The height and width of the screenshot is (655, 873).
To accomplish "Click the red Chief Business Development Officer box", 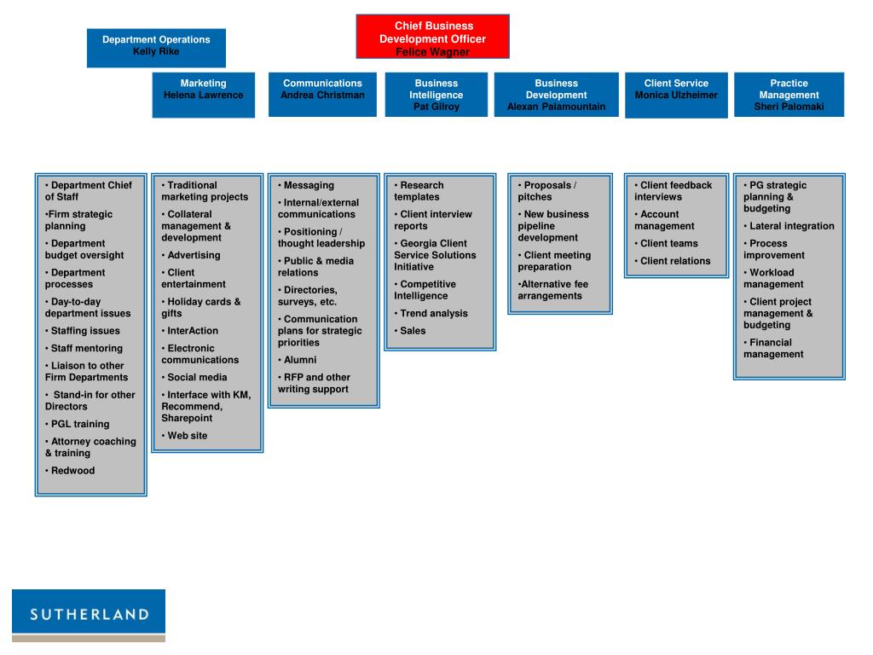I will (432, 37).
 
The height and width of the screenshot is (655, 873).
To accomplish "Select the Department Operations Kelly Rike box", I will (156, 46).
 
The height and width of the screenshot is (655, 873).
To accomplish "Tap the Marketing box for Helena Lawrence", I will (203, 94).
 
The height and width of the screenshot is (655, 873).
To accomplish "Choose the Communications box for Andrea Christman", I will (322, 94).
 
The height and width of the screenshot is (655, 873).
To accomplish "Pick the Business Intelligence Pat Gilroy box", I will (436, 95).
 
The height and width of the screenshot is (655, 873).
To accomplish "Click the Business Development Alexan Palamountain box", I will (556, 95).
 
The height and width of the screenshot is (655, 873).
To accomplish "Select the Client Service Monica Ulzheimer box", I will (676, 94).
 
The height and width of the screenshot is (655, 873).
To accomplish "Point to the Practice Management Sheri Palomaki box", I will (789, 95).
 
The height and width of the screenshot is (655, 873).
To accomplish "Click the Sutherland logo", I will (89, 615).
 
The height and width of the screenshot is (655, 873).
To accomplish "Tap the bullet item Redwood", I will (72, 471).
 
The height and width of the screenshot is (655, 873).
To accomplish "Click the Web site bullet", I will (187, 436).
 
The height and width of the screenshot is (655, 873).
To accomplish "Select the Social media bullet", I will (197, 377).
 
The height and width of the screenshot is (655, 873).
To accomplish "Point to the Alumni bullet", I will (299, 360).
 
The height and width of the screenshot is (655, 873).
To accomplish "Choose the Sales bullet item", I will (413, 331).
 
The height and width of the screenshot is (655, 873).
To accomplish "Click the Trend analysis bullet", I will (433, 313).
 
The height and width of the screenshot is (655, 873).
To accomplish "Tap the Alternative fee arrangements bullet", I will (552, 290).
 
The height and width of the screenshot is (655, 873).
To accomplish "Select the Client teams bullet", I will (668, 243).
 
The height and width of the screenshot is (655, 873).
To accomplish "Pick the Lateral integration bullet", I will (791, 226).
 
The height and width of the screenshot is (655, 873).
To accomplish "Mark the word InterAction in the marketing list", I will (193, 331).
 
